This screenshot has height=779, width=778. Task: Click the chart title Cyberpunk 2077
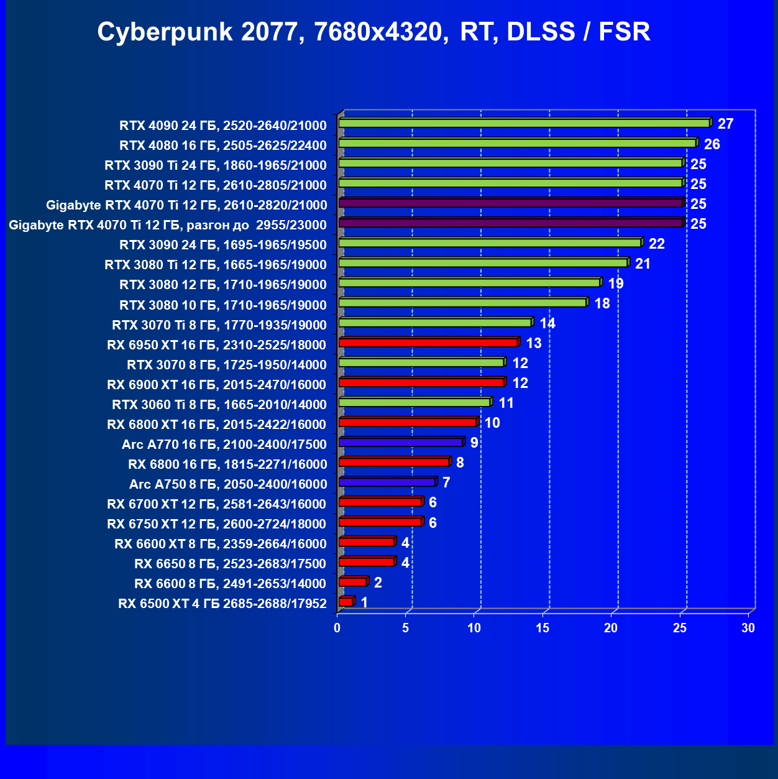click(373, 32)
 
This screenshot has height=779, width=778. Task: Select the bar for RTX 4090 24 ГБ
click(524, 123)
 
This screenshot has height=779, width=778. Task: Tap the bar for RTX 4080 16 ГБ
click(518, 143)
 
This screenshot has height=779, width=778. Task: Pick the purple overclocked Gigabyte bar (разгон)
click(511, 223)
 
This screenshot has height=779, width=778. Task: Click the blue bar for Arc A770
click(401, 442)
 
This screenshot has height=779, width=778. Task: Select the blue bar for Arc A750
click(387, 482)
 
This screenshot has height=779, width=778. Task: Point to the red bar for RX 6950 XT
click(428, 343)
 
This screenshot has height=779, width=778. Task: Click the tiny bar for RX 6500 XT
click(346, 601)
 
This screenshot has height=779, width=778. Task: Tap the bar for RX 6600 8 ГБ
click(352, 582)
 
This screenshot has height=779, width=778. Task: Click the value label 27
click(725, 124)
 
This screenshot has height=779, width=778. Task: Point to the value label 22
click(656, 244)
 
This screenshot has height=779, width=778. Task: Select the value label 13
click(533, 343)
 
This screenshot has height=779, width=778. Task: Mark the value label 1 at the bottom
click(364, 602)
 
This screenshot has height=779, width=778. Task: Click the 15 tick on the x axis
click(542, 628)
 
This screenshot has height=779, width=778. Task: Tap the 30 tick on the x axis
click(748, 628)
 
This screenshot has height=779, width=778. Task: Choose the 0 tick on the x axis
click(337, 628)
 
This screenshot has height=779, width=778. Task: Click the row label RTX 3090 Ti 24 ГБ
click(215, 165)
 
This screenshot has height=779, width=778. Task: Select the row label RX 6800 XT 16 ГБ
click(216, 425)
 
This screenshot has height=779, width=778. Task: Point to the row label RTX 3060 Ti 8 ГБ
click(219, 405)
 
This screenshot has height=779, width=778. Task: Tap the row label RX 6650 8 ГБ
click(230, 564)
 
